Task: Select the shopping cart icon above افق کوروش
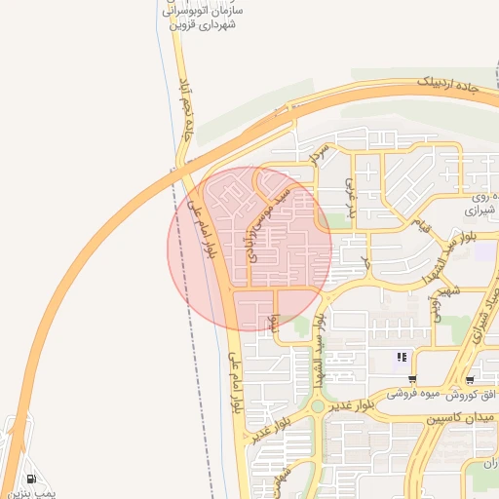pyautogui.click(x=471, y=379)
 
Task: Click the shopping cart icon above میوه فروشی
pyautogui.click(x=413, y=379)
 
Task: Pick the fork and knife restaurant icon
pyautogui.click(x=402, y=358)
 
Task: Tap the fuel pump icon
pyautogui.click(x=34, y=479)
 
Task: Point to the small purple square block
pyautogui.click(x=485, y=250)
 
